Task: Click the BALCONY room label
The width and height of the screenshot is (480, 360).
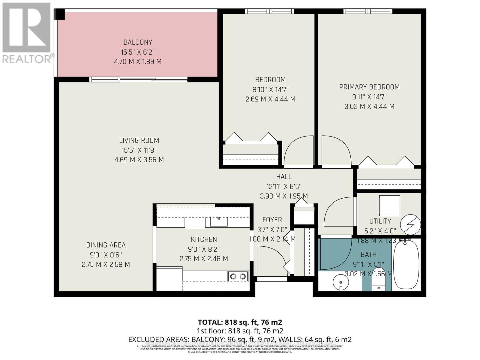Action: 138,42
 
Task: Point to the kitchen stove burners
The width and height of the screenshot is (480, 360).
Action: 238,276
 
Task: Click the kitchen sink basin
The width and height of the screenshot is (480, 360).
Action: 219,222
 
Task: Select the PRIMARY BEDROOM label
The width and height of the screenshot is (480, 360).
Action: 369,87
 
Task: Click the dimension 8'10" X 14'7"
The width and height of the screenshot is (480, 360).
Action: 270,89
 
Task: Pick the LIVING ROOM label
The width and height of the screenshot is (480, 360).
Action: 139,140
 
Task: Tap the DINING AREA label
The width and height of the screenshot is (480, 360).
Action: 106,245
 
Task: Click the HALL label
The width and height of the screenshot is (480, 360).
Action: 283,177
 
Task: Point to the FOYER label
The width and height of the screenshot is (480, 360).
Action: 272,220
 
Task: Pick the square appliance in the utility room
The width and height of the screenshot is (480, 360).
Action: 389,205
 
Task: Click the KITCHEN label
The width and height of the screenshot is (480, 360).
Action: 204,239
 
